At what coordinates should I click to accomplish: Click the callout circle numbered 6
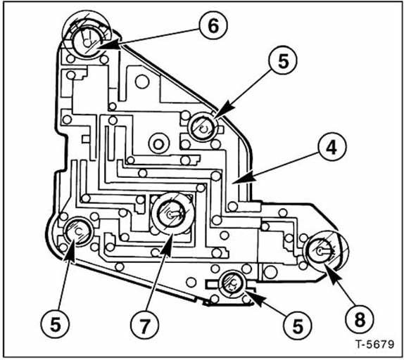(x=213, y=25)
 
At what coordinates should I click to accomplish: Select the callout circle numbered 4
(x=332, y=147)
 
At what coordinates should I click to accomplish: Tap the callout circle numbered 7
(x=144, y=326)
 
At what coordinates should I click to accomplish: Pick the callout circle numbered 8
(x=360, y=319)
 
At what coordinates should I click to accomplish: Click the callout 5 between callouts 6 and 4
(x=283, y=60)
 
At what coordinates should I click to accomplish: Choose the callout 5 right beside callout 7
(x=55, y=324)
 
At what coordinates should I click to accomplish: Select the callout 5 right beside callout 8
(x=298, y=326)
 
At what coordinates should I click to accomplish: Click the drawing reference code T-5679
(x=375, y=345)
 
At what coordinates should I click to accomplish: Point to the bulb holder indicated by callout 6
(x=87, y=41)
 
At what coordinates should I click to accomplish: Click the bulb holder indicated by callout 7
(x=173, y=213)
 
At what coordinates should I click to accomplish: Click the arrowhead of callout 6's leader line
(x=108, y=44)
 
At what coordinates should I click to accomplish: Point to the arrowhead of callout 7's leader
(x=168, y=244)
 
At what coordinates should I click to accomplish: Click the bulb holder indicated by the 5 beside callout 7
(x=78, y=232)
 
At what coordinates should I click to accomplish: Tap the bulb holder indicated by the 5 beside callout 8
(x=232, y=284)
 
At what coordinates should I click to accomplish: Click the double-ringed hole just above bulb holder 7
(x=158, y=143)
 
